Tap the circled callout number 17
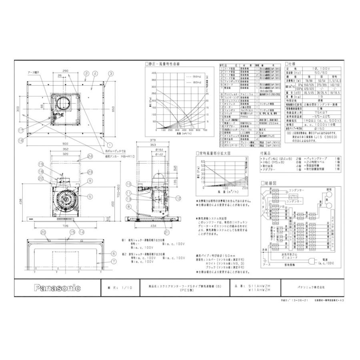click(20, 130)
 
